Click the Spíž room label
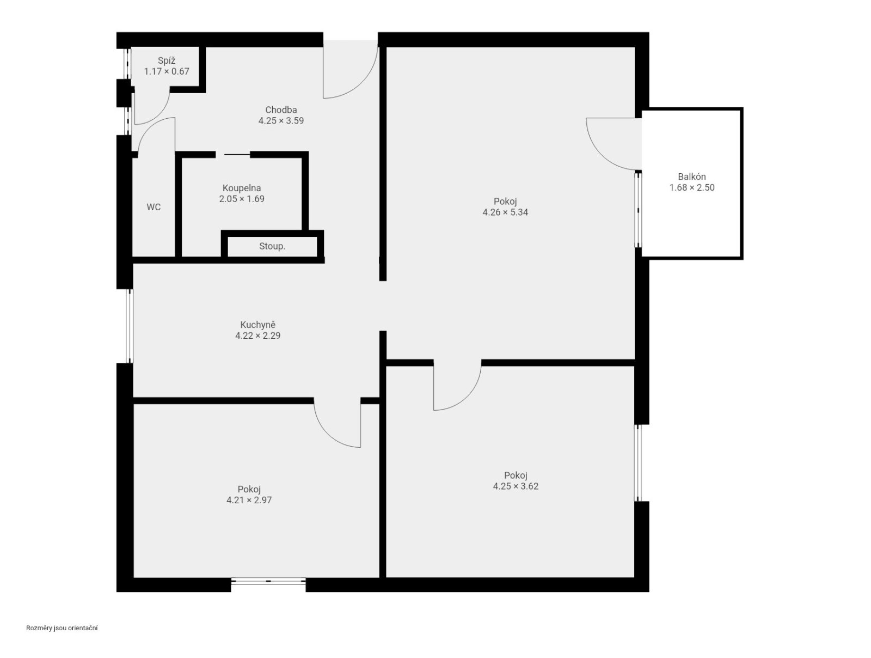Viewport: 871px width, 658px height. tap(166, 60)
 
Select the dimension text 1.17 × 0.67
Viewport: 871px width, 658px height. tap(166, 71)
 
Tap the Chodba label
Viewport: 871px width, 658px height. tap(281, 110)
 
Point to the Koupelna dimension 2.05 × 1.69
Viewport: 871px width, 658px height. tap(242, 199)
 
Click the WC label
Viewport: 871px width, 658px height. tap(154, 207)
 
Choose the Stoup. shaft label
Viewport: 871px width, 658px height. tap(272, 246)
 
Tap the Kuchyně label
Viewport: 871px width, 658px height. tap(258, 325)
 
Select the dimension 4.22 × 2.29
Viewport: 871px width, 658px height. tap(258, 336)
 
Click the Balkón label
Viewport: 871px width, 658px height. tap(692, 176)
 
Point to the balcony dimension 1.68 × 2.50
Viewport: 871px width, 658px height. tap(692, 188)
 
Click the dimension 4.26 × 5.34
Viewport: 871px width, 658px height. tap(505, 212)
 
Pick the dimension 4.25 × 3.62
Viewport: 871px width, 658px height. tap(516, 486)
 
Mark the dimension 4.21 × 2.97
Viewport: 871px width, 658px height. tap(249, 500)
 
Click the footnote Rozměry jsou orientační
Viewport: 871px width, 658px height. tap(62, 628)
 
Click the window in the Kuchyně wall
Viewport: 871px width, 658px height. tap(130, 326)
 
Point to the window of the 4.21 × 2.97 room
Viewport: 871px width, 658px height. tap(268, 582)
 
